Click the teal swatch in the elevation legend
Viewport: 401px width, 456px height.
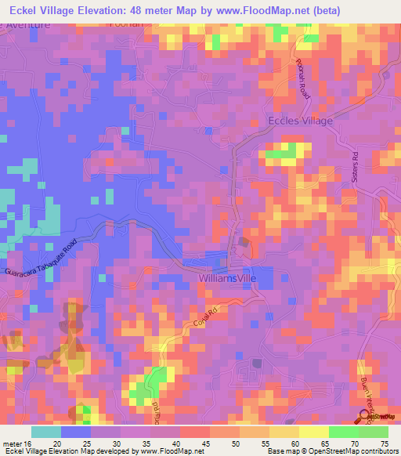pos(45,432)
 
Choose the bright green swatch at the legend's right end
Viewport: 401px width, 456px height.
pos(374,432)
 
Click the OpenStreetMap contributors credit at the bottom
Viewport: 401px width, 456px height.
pos(356,451)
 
